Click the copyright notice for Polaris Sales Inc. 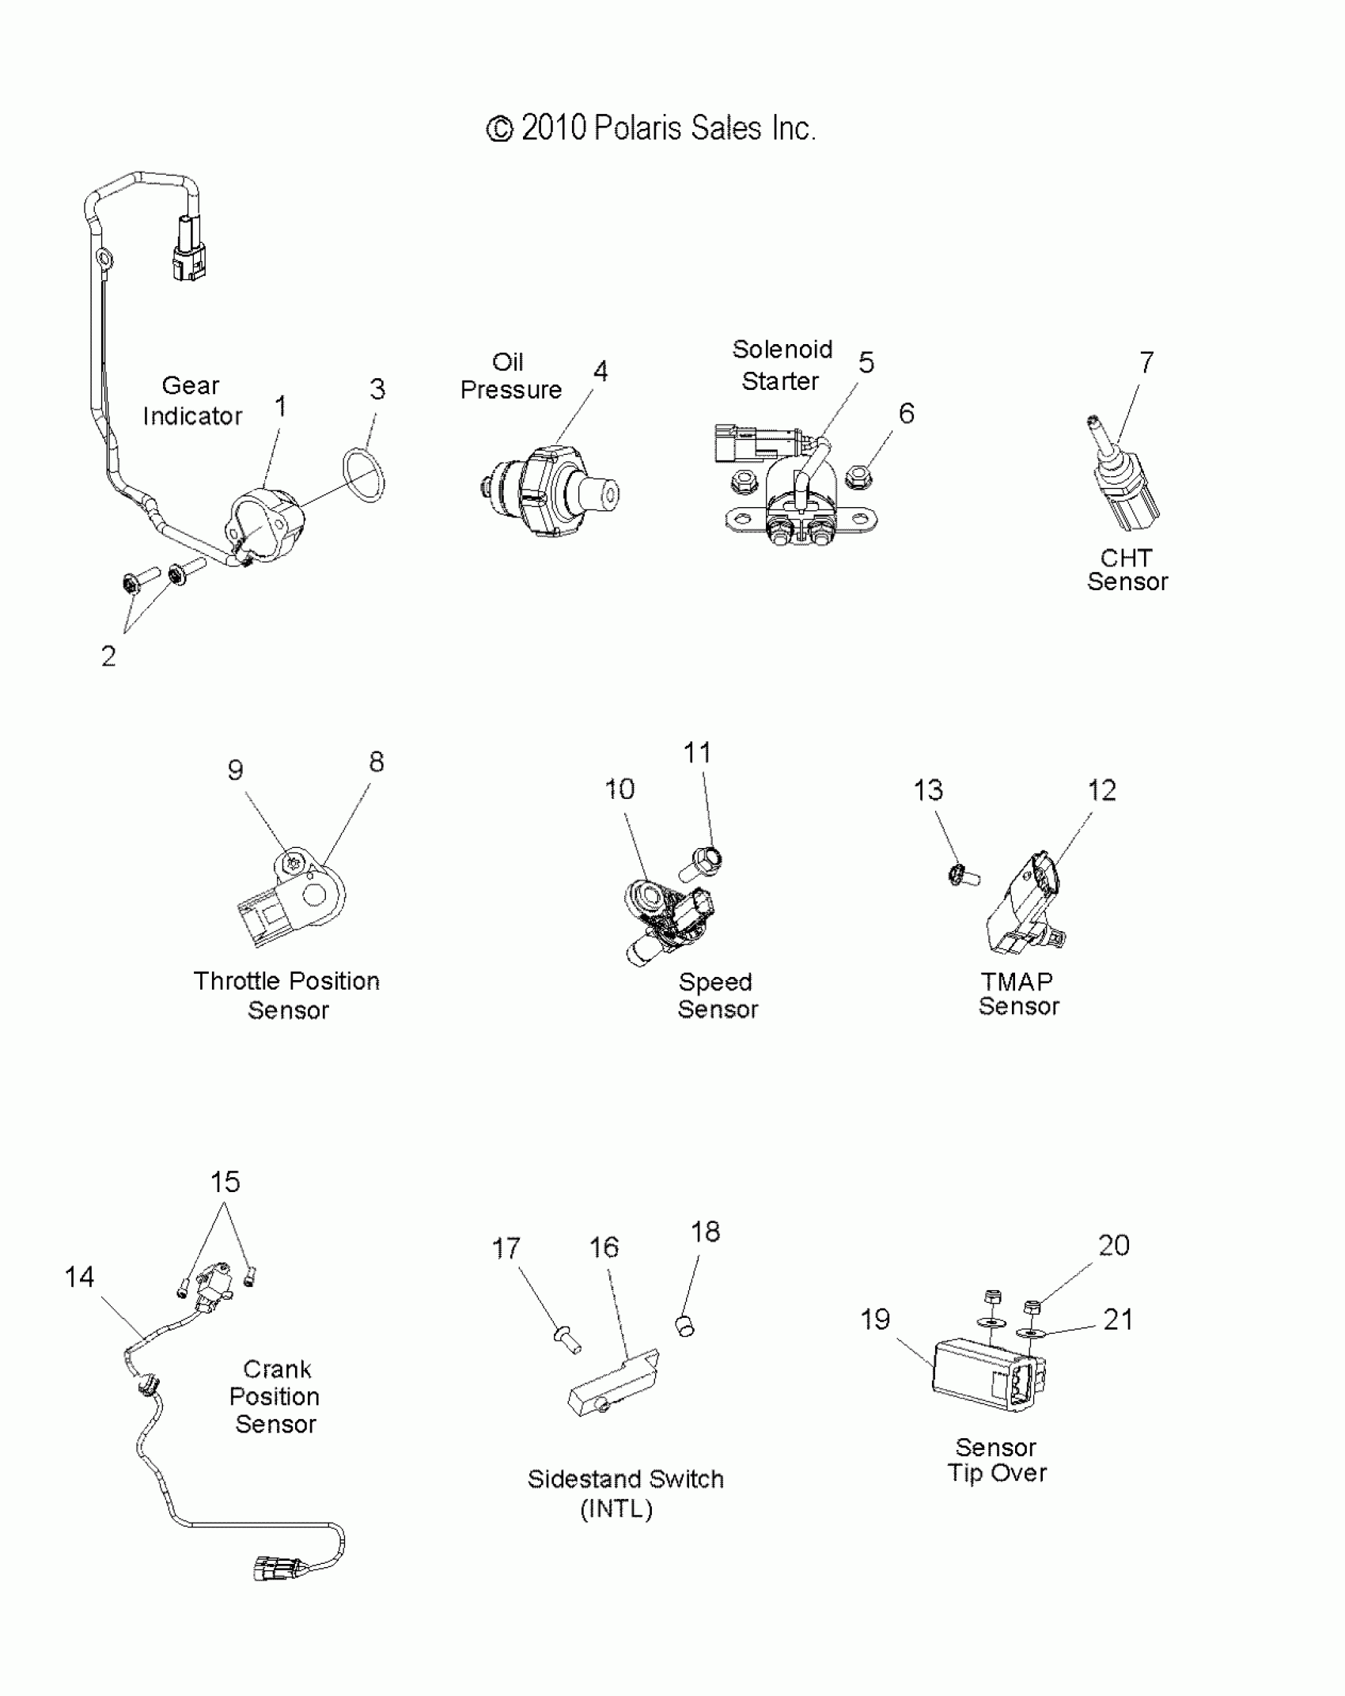pos(650,128)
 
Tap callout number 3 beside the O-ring pos(377,389)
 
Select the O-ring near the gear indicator pos(364,475)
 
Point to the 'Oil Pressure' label pos(510,376)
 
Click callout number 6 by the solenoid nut pos(907,413)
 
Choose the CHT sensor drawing pos(1123,483)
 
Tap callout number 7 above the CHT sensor pos(1146,362)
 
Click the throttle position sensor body pos(293,900)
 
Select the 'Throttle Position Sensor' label pos(286,995)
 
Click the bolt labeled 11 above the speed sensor pos(704,860)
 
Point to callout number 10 pos(619,789)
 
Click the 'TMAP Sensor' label pos(1017,994)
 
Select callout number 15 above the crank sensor pos(225,1182)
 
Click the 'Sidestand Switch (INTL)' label pos(625,1493)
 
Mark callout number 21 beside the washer pos(1118,1319)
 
